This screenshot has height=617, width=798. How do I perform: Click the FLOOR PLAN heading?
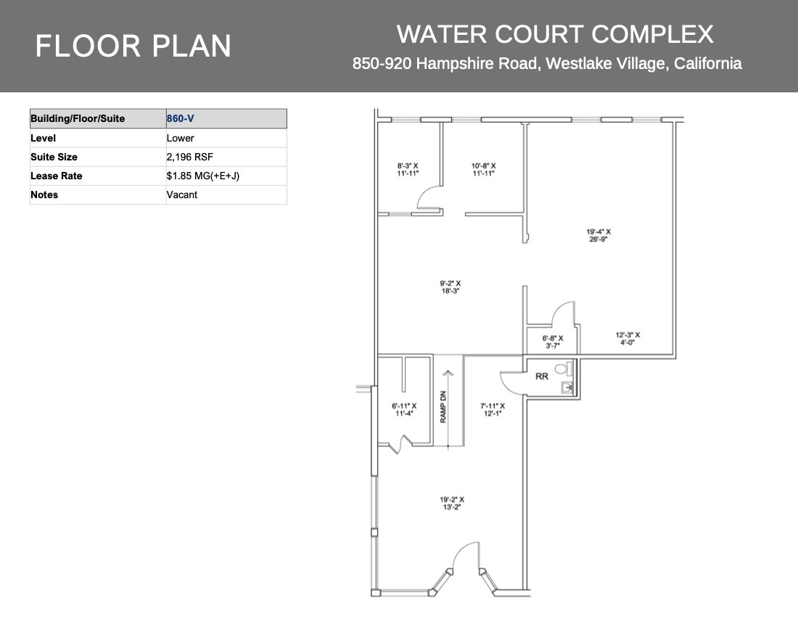click(133, 46)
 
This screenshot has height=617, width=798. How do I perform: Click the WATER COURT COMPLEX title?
click(555, 34)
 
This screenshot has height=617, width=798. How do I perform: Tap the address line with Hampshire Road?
click(547, 64)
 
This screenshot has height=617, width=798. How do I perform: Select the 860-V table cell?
click(226, 118)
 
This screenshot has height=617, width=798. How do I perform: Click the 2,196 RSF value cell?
click(226, 157)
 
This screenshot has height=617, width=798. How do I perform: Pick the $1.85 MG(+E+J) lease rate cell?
click(226, 176)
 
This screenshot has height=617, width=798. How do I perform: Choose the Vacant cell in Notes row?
click(226, 195)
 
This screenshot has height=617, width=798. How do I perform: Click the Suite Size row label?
click(98, 157)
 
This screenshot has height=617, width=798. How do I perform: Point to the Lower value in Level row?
click(226, 138)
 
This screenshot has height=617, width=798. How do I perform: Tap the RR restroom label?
click(541, 376)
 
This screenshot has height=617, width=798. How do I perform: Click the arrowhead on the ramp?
click(447, 373)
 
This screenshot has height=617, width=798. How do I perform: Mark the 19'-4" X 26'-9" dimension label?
click(598, 236)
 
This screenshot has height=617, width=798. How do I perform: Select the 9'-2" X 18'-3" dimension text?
click(450, 287)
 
